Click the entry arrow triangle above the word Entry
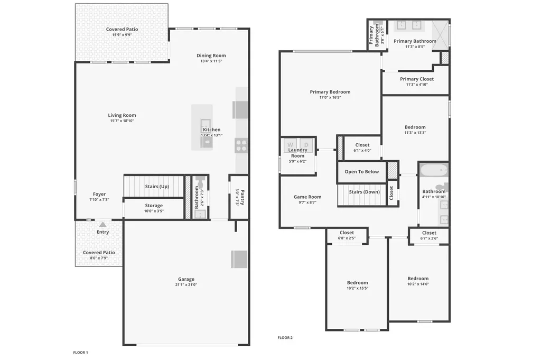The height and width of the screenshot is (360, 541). [x=103, y=224]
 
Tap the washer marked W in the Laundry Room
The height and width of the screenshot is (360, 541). [x=291, y=145]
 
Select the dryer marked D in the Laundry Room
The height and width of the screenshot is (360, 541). [x=306, y=145]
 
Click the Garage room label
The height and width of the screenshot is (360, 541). [x=186, y=279]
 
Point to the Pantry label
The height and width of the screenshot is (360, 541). [x=242, y=197]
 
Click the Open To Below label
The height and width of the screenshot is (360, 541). [x=361, y=172]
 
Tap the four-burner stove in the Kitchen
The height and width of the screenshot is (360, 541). [x=241, y=145]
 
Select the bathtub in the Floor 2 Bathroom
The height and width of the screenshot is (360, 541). [x=434, y=170]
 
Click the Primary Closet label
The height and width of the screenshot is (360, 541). [x=417, y=79]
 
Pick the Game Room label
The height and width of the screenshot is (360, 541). [x=307, y=197]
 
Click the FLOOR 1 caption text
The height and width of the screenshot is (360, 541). [x=80, y=353]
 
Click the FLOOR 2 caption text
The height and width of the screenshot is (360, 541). [x=285, y=338]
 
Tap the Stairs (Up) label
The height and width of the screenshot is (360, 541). [x=157, y=187]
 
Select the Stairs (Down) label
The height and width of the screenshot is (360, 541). [x=365, y=192]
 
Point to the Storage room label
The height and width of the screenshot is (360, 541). [x=154, y=205]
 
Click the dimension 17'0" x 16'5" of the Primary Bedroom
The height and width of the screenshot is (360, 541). [x=330, y=97]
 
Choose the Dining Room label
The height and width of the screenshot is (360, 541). [x=211, y=56]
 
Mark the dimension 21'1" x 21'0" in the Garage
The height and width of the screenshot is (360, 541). [x=186, y=285]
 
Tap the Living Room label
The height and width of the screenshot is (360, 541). [x=122, y=115]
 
